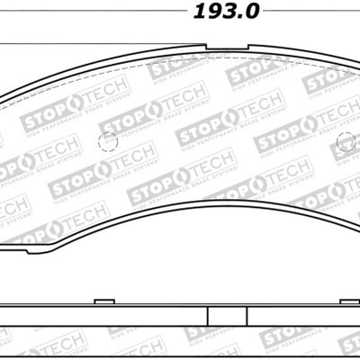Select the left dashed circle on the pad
click(x=109, y=142)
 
